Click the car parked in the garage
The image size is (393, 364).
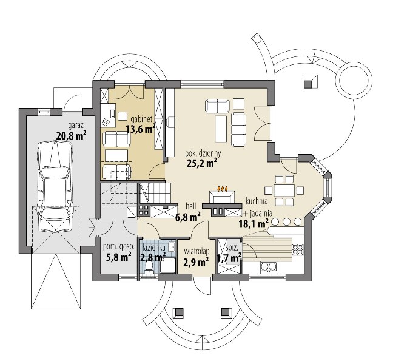pyautogui.click(x=55, y=187)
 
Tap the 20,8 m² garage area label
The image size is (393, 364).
pyautogui.click(x=72, y=136)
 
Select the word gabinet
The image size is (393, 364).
pyautogui.click(x=143, y=120)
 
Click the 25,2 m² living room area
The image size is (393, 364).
pyautogui.click(x=202, y=163)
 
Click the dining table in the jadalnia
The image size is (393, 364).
pyautogui.click(x=284, y=190)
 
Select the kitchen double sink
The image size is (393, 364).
pyautogui.click(x=269, y=267)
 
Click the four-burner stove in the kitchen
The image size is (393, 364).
pyautogui.click(x=298, y=249)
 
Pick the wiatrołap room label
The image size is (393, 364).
pyautogui.click(x=196, y=251)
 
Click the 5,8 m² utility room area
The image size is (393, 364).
pyautogui.click(x=119, y=257)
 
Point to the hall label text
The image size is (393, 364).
pyautogui.click(x=191, y=206)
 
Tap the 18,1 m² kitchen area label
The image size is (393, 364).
pyautogui.click(x=254, y=223)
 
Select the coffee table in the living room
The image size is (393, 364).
pyautogui.click(x=221, y=129)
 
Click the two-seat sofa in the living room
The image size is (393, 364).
pyautogui.click(x=217, y=106)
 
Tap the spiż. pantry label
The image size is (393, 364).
pyautogui.click(x=230, y=247)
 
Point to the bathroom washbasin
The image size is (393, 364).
pyautogui.click(x=172, y=247)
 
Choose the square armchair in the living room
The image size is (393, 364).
pyautogui.click(x=238, y=104)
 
